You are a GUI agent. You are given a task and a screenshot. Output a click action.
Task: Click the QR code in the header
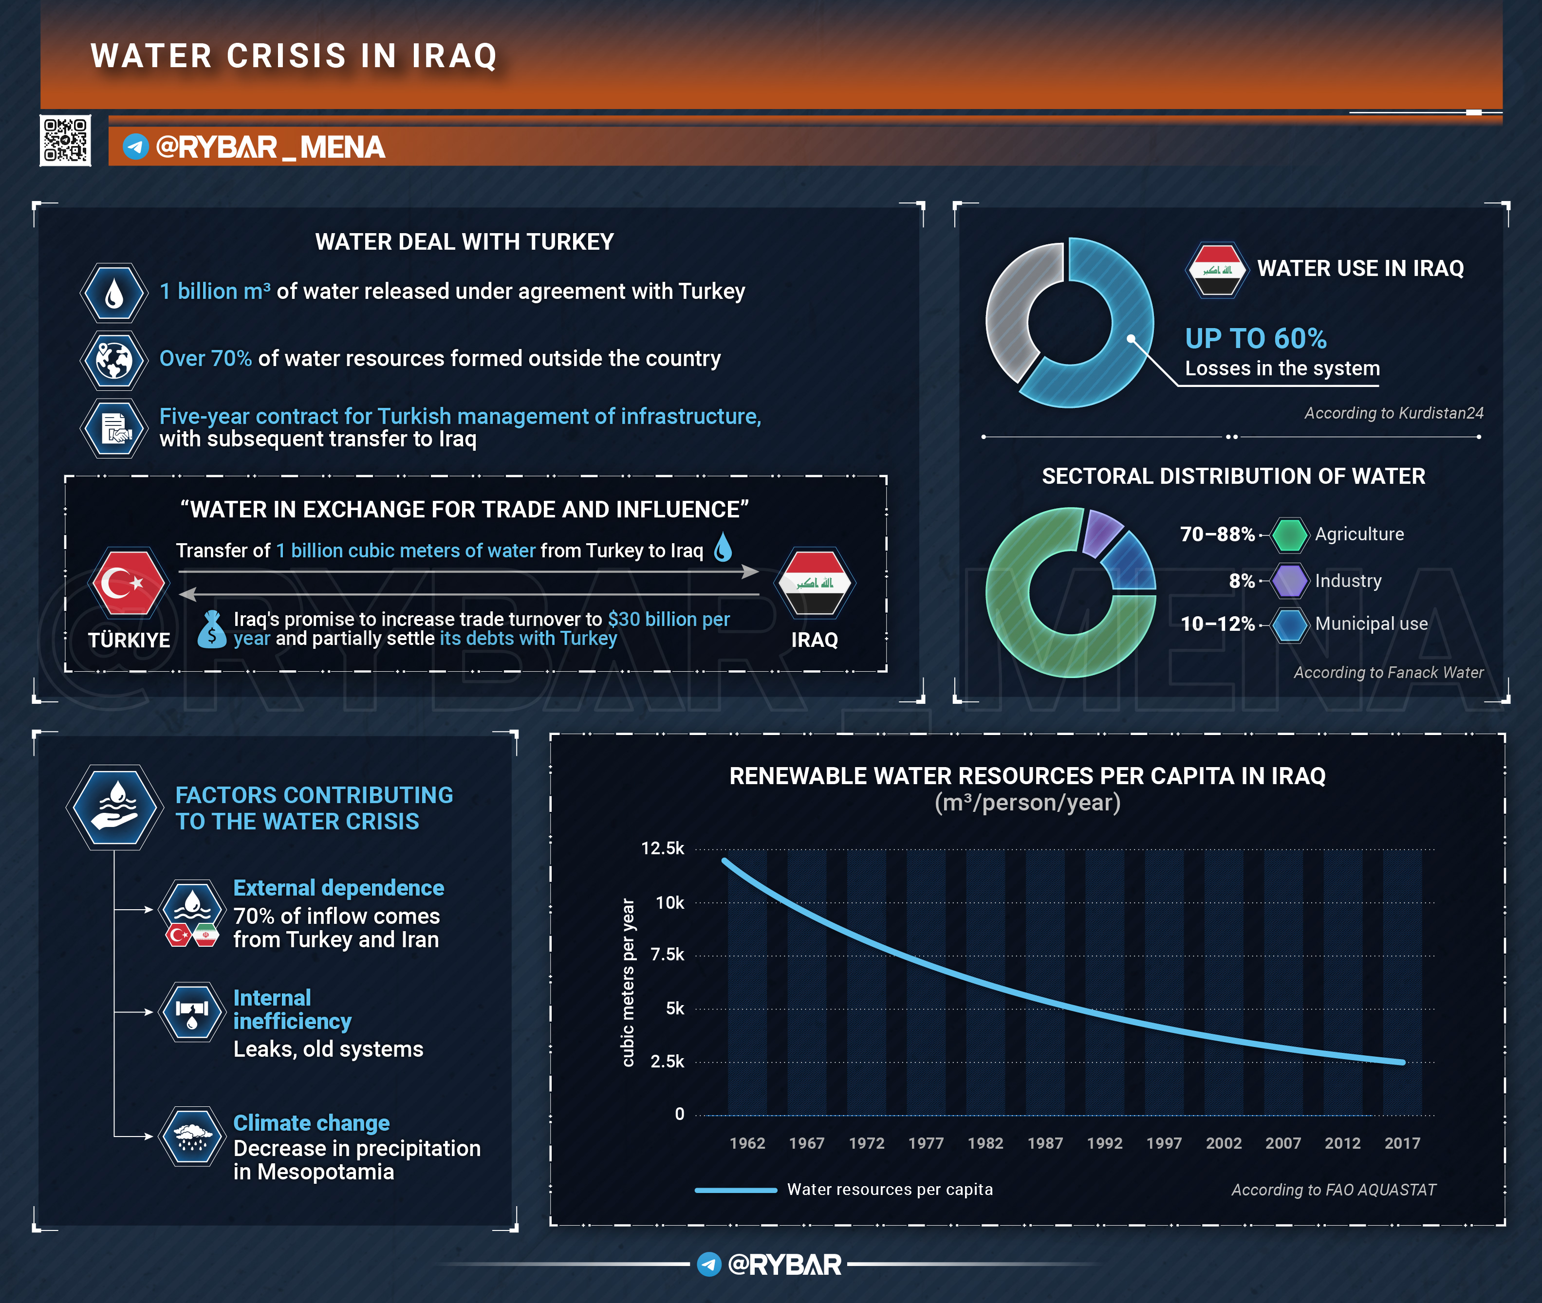[65, 140]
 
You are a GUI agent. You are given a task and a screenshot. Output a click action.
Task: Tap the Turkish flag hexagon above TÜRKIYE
[128, 583]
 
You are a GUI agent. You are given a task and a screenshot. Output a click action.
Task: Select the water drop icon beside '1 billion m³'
[114, 293]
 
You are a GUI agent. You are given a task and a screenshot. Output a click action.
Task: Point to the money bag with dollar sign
[212, 629]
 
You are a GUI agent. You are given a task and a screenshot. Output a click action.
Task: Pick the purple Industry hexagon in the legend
[1289, 581]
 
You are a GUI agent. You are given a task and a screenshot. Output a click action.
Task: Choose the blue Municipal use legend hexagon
[1289, 624]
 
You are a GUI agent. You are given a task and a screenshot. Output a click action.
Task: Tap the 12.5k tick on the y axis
[662, 848]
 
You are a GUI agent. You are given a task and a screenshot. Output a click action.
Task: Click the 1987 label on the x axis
[1045, 1143]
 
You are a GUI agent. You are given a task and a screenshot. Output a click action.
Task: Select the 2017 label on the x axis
[1402, 1143]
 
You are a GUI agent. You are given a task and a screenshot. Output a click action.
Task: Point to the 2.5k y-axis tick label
[667, 1062]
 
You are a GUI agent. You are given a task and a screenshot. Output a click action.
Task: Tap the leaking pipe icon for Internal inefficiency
[193, 1011]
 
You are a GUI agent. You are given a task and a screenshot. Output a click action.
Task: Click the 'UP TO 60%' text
[1255, 339]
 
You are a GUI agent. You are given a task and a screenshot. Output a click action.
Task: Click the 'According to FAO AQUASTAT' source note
[1333, 1189]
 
